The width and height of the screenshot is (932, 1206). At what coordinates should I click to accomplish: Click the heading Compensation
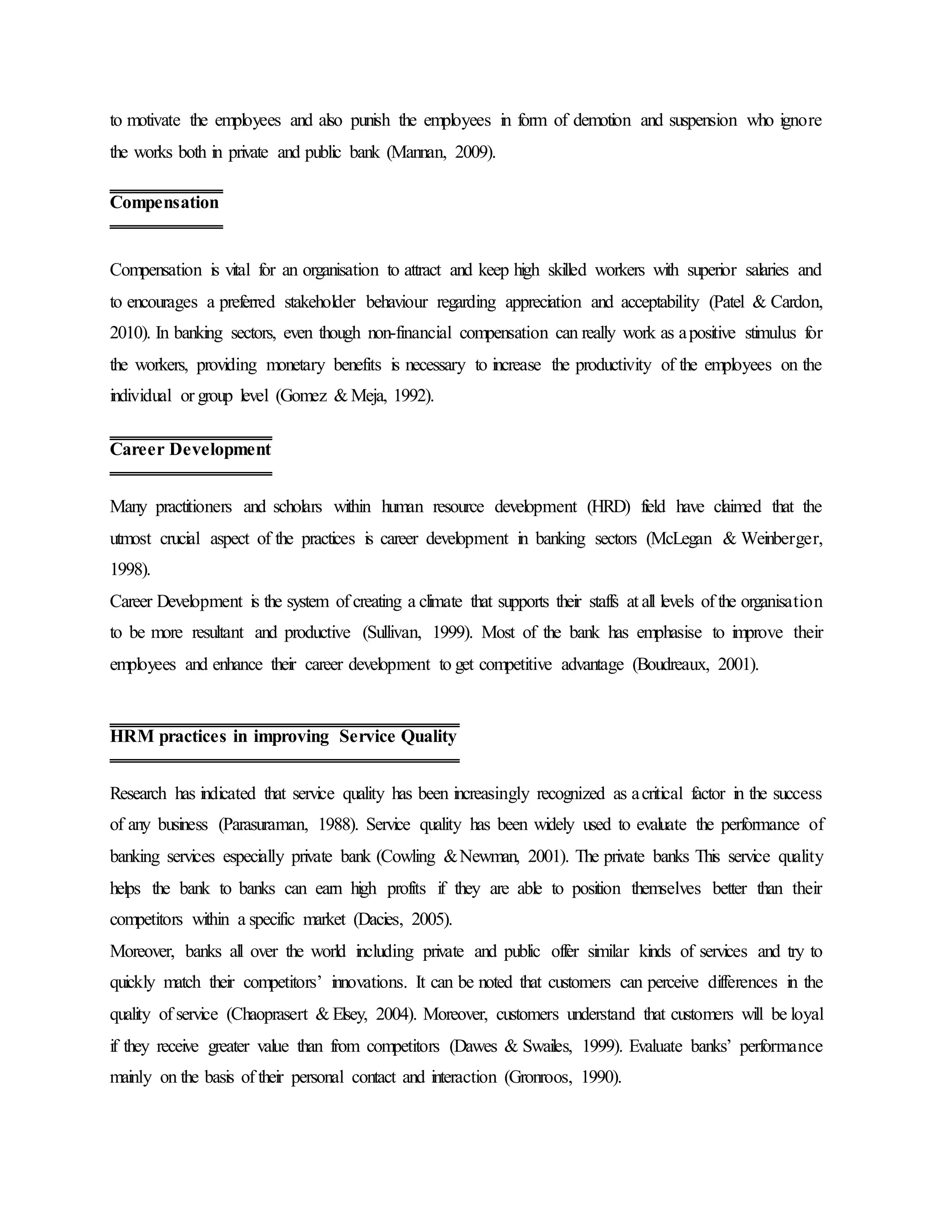[x=165, y=203]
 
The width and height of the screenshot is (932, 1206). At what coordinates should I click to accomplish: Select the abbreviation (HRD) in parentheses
[x=608, y=507]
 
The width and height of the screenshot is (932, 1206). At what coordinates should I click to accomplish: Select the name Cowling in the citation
[x=408, y=856]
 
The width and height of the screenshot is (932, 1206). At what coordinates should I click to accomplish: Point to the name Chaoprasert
[x=268, y=1014]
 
